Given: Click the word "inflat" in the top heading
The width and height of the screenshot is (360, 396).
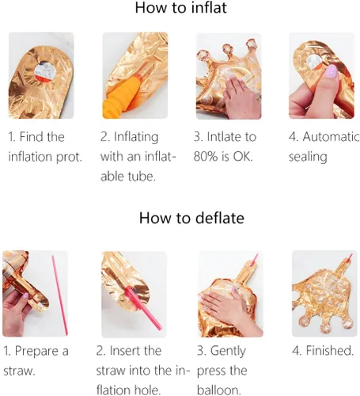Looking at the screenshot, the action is (x=209, y=8).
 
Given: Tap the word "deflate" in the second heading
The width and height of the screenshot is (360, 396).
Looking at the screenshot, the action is (x=220, y=218).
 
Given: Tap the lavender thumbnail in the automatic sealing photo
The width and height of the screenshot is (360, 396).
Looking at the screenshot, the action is (x=332, y=71).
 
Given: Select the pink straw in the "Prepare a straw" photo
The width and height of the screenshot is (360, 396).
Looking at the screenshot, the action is (x=59, y=295).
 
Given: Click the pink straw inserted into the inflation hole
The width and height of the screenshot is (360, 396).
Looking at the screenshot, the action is (x=143, y=308).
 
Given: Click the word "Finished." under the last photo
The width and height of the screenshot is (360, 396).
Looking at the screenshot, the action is (x=330, y=351).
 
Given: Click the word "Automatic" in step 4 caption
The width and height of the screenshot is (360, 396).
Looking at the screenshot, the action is (x=331, y=137).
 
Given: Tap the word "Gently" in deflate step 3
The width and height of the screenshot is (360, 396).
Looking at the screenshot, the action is (x=228, y=352).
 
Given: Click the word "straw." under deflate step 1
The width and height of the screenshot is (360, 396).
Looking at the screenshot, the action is (x=19, y=371).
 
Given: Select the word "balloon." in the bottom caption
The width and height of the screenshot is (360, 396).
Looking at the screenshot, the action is (x=218, y=390).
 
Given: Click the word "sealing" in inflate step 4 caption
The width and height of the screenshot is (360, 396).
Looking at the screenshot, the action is (x=308, y=157).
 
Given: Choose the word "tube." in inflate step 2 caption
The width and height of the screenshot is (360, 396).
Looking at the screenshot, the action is (x=142, y=176).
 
